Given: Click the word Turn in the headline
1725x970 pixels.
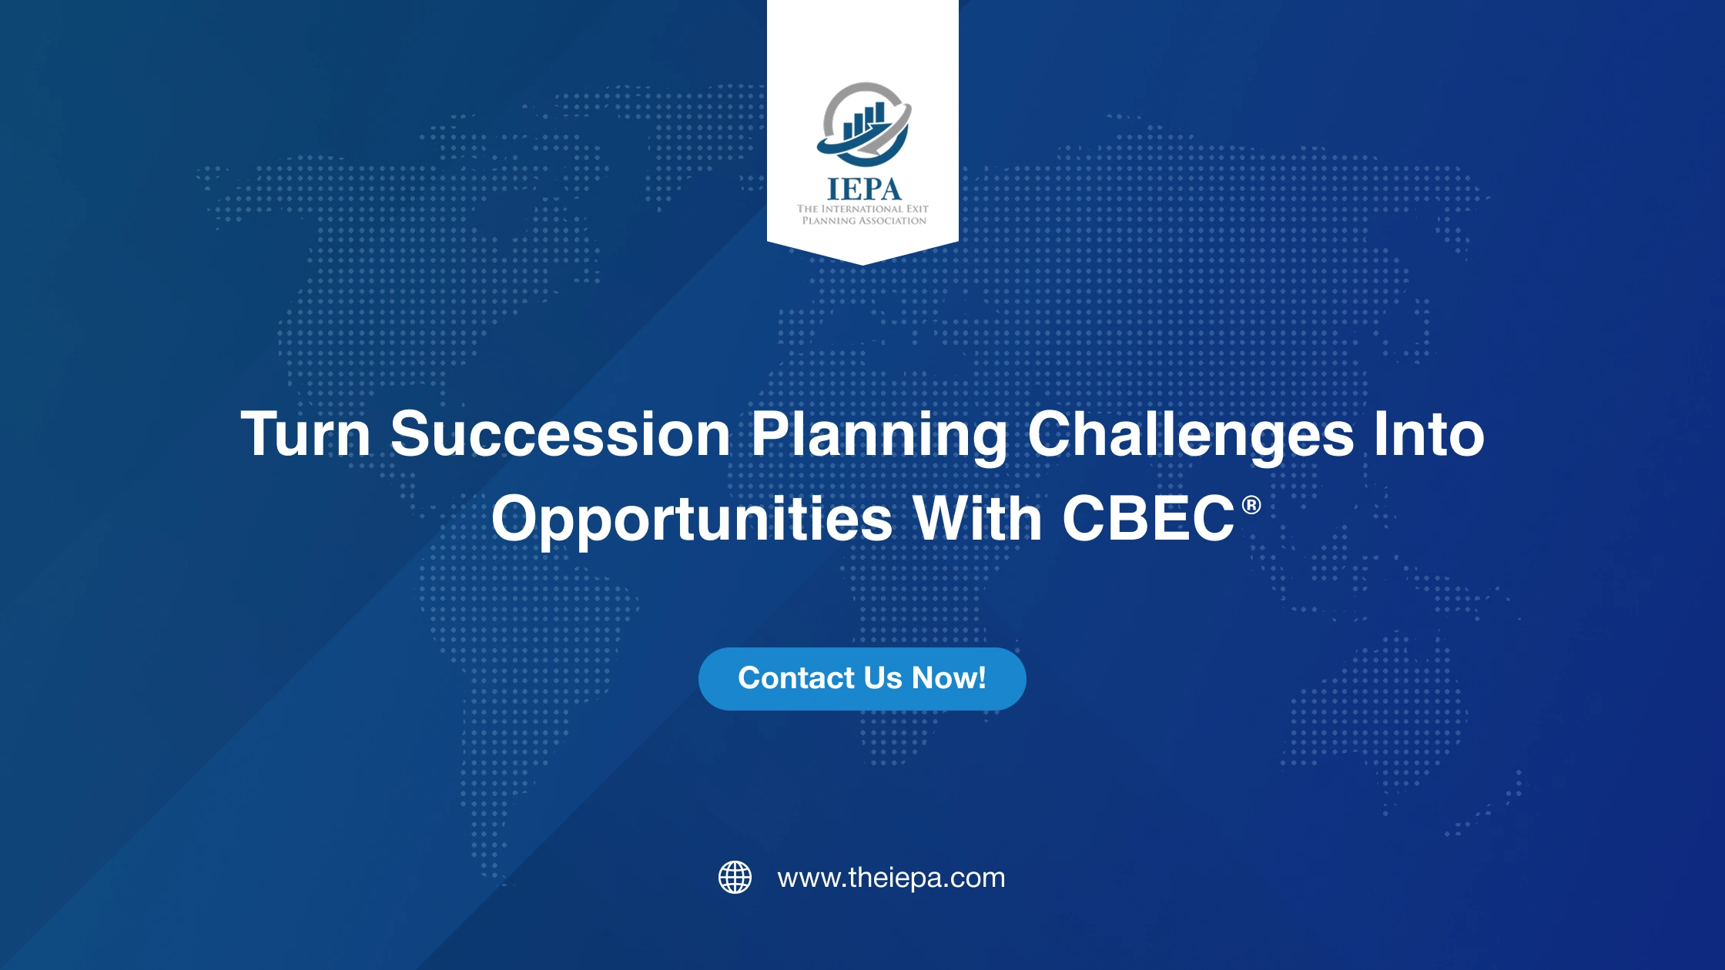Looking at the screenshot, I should pyautogui.click(x=306, y=434).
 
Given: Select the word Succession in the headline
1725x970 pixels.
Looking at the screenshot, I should pyautogui.click(x=560, y=434).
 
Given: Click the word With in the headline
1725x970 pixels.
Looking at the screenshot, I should pyautogui.click(x=977, y=518).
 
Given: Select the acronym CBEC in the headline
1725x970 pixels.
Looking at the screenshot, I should pyautogui.click(x=1148, y=519).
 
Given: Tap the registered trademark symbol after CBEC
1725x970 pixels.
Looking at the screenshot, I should pyautogui.click(x=1251, y=505).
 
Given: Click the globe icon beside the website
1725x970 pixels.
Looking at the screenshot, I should pyautogui.click(x=735, y=878).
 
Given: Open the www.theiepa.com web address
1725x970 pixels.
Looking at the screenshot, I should pyautogui.click(x=891, y=878).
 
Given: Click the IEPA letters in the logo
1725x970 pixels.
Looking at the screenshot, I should pyautogui.click(x=863, y=189).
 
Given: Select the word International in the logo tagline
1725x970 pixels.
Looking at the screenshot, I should pyautogui.click(x=862, y=209).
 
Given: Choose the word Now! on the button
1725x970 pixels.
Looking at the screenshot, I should pyautogui.click(x=948, y=678).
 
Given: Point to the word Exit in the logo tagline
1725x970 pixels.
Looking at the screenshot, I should pyautogui.click(x=917, y=209).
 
